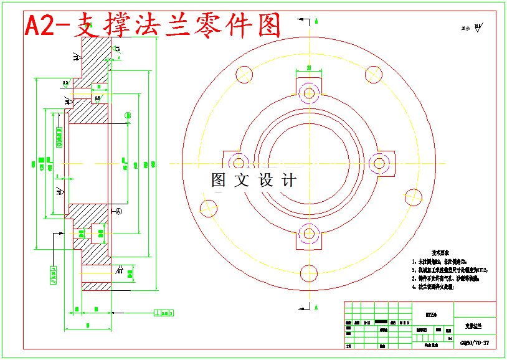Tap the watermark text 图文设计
pyautogui.click(x=254, y=180)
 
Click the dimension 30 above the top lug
pyautogui.click(x=309, y=68)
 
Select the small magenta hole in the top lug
pyautogui.click(x=309, y=93)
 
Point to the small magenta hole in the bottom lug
pyautogui.click(x=309, y=234)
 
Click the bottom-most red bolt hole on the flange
pyautogui.click(x=308, y=273)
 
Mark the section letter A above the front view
pyautogui.click(x=317, y=21)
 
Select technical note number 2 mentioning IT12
pyautogui.click(x=450, y=270)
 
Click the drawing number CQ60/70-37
pyautogui.click(x=475, y=343)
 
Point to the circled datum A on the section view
pyautogui.click(x=119, y=212)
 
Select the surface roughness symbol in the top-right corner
pyautogui.click(x=476, y=27)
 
